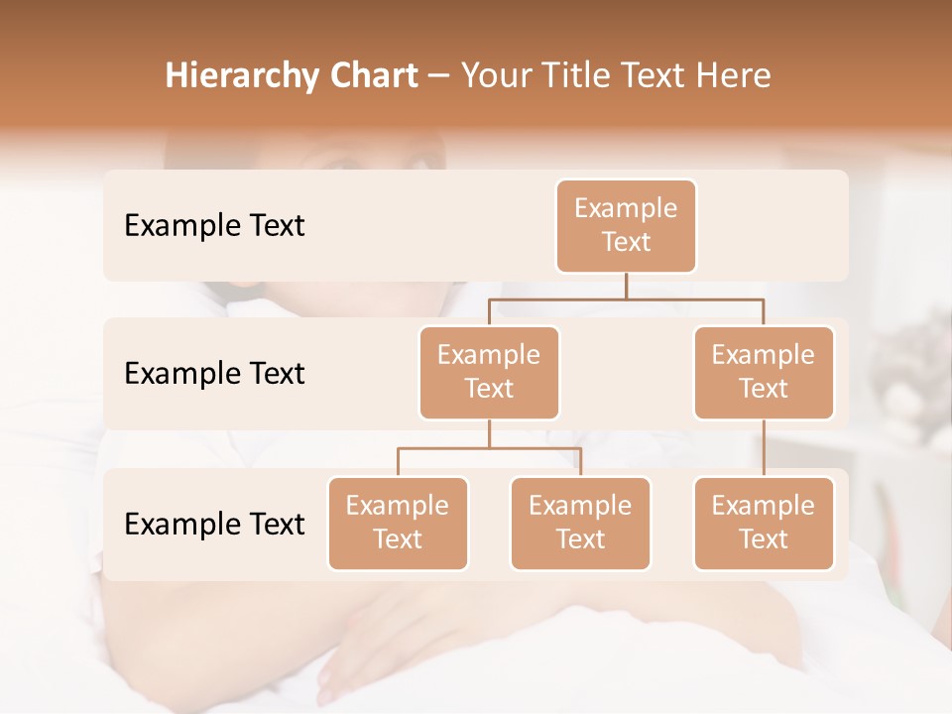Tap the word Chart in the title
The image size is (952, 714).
coord(370,76)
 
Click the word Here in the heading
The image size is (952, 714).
coord(736,76)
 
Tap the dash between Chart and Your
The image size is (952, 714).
coord(439,77)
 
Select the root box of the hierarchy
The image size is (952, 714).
coord(626,226)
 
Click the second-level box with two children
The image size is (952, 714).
coord(489,373)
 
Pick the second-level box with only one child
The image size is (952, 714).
coord(764,373)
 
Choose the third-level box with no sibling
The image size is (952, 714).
coord(764,524)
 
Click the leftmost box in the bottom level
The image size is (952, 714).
coord(398,524)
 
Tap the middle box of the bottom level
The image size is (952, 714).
coord(580,524)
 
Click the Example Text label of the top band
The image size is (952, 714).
coord(214,226)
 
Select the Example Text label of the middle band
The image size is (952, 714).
coord(214,374)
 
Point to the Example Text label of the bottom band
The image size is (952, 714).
coord(214,525)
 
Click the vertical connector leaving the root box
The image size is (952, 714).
coord(626,286)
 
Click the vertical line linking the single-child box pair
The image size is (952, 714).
coord(764,448)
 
